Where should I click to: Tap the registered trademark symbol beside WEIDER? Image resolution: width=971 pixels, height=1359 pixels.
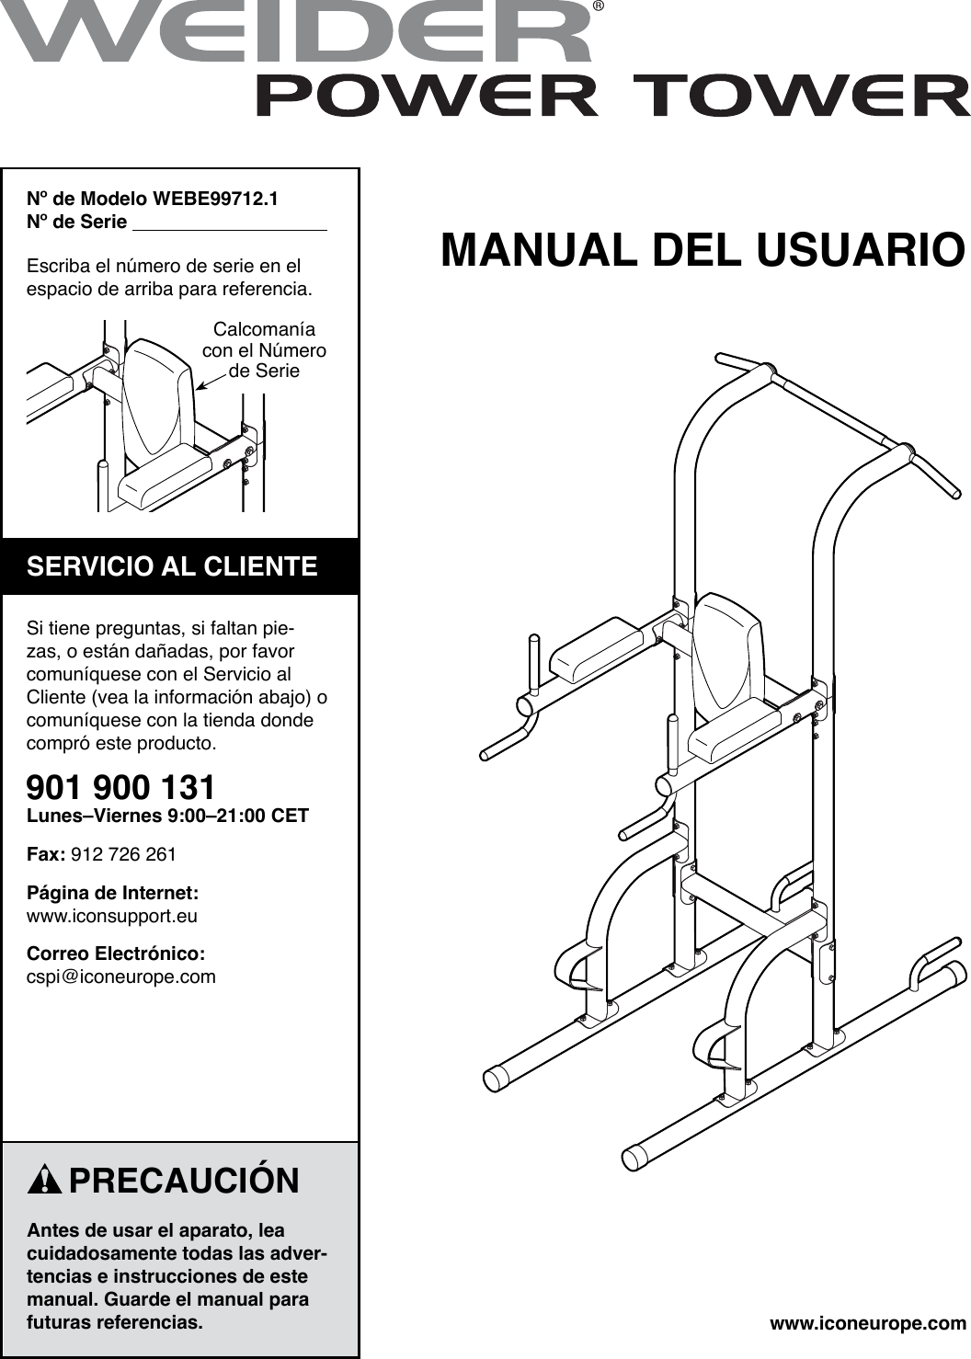598,7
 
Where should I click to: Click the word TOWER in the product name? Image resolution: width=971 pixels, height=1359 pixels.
800,97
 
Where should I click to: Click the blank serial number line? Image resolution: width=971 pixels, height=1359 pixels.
230,223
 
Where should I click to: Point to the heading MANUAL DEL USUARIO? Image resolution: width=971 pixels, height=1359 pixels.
703,250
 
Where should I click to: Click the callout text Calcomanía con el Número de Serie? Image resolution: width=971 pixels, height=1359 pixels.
264,350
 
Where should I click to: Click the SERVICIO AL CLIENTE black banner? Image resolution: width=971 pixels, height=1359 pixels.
180,566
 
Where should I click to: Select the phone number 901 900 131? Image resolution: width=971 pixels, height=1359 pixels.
121,787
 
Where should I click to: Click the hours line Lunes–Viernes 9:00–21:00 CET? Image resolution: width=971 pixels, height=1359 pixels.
167,816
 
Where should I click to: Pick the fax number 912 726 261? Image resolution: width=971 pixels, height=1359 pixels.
123,854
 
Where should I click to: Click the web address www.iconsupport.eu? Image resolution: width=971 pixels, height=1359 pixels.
112,916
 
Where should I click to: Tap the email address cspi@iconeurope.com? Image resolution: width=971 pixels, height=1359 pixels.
121,976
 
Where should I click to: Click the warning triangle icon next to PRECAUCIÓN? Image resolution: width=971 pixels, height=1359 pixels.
44,1181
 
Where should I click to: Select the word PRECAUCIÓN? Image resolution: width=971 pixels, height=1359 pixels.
184,1181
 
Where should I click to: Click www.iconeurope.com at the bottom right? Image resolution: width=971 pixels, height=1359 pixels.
867,1324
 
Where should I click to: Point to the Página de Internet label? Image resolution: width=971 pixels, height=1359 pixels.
112,893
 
